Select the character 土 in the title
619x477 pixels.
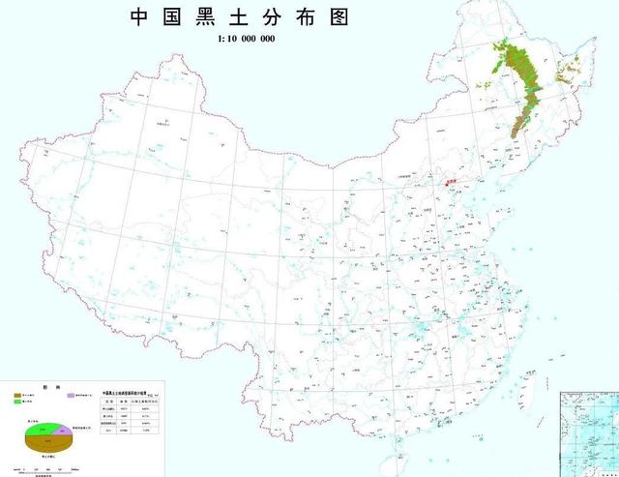tap(259, 16)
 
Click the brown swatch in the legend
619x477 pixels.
tap(18, 396)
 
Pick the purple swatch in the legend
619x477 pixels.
tap(71, 396)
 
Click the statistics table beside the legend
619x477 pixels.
tap(132, 415)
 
